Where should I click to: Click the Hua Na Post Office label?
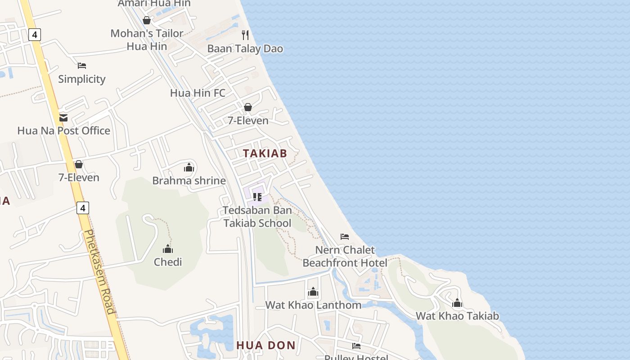(63, 130)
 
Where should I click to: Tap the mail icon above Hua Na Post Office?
(63, 118)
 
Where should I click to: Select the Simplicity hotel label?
(81, 79)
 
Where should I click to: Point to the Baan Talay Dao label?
(245, 49)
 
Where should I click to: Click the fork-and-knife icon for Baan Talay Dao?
(245, 35)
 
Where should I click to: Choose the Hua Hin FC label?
(198, 93)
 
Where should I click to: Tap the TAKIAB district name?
(265, 153)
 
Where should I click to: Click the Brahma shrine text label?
(189, 180)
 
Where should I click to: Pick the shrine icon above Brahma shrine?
(189, 168)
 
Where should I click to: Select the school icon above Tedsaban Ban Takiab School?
(257, 197)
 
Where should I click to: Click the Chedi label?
(168, 262)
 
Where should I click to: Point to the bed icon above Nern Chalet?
(345, 237)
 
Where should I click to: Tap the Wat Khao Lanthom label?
(313, 305)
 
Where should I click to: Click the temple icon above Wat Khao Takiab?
(457, 303)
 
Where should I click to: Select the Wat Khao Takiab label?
(457, 316)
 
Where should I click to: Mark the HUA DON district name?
(266, 345)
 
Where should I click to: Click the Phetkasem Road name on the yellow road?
(99, 272)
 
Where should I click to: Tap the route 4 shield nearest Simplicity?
(35, 34)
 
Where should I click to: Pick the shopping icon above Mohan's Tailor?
(147, 20)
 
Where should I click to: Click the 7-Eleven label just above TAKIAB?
(248, 120)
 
